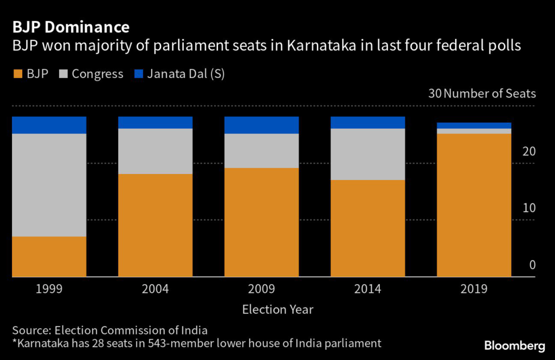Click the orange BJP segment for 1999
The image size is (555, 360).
pos(49,256)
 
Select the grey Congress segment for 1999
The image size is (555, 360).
pos(49,185)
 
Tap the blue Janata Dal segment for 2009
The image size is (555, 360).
pos(262,125)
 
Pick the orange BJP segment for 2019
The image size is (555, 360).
pos(474,205)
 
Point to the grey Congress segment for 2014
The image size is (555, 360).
pos(368,154)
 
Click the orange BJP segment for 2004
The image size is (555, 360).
pos(156,225)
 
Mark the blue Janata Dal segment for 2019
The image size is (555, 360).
pos(474,126)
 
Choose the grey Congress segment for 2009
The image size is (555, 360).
pos(262,151)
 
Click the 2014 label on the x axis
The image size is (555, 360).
pos(368,289)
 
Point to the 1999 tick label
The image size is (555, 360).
pos(49,289)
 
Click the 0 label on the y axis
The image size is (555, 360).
pos(532,265)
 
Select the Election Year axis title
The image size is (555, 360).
pos(277,310)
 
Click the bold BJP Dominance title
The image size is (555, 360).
pos(71,27)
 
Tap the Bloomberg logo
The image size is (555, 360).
pos(514,345)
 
